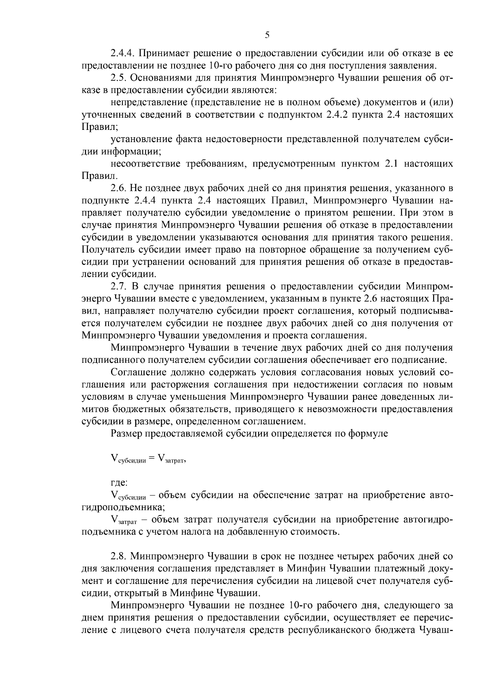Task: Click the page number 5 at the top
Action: point(267,35)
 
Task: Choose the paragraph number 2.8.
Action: point(118,556)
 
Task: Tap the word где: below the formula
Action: point(120,483)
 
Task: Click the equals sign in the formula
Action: point(152,459)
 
